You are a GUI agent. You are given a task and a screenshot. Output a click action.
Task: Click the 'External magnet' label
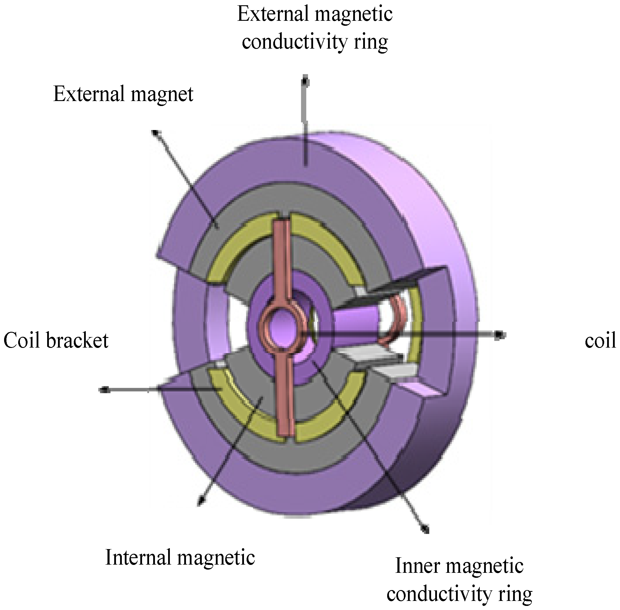coord(123,94)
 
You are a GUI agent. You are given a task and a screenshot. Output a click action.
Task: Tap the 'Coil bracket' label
coord(56,340)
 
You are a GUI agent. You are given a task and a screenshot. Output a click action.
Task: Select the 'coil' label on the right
coord(600,340)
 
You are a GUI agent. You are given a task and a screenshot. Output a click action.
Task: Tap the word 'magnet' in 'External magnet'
coord(162,95)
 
